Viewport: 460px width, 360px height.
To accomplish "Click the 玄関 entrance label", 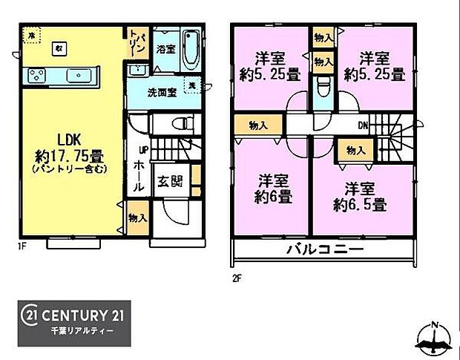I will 168,181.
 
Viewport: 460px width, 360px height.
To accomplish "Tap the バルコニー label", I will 326,249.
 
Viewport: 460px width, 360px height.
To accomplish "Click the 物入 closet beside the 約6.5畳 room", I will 355,150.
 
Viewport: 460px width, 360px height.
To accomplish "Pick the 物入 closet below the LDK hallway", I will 136,220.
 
